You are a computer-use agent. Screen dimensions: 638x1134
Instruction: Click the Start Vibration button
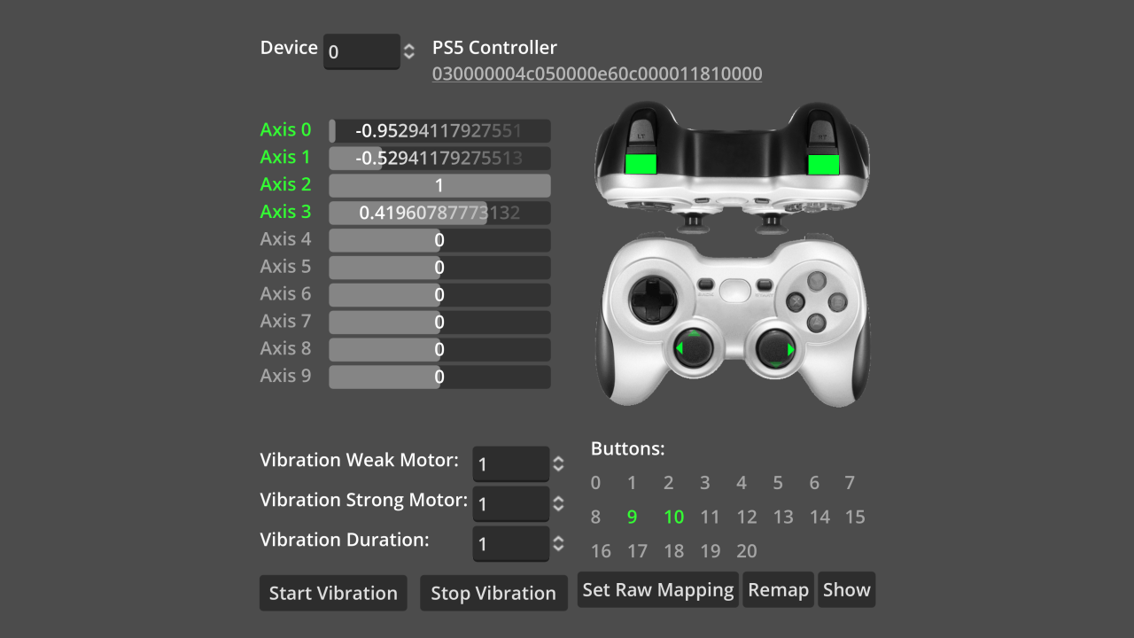(x=333, y=593)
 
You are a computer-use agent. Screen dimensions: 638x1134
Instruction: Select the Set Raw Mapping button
(x=658, y=590)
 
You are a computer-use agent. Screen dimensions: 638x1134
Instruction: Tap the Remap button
(x=779, y=590)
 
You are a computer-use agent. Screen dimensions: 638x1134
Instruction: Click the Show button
(x=846, y=590)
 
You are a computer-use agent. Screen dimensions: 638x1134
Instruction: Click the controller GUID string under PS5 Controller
(x=596, y=74)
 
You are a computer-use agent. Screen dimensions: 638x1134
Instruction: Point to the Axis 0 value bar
(x=439, y=131)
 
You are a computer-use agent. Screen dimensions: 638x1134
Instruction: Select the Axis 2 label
(x=285, y=184)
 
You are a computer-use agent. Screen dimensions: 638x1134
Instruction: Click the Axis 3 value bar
(x=439, y=214)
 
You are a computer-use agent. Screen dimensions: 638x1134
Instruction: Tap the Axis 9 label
(x=285, y=376)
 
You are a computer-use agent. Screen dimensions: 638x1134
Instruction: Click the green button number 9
(x=632, y=517)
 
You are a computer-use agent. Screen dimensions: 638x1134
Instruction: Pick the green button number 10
(x=673, y=517)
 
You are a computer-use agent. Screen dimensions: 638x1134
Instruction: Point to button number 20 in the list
(x=747, y=551)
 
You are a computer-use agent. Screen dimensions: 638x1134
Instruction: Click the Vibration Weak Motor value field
(x=510, y=464)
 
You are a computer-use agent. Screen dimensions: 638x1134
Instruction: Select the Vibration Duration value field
(x=510, y=543)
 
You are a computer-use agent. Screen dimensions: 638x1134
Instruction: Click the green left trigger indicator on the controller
(x=640, y=163)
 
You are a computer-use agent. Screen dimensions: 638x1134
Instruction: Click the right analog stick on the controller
(x=774, y=349)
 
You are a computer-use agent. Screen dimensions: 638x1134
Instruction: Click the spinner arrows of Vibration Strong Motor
(x=558, y=503)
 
